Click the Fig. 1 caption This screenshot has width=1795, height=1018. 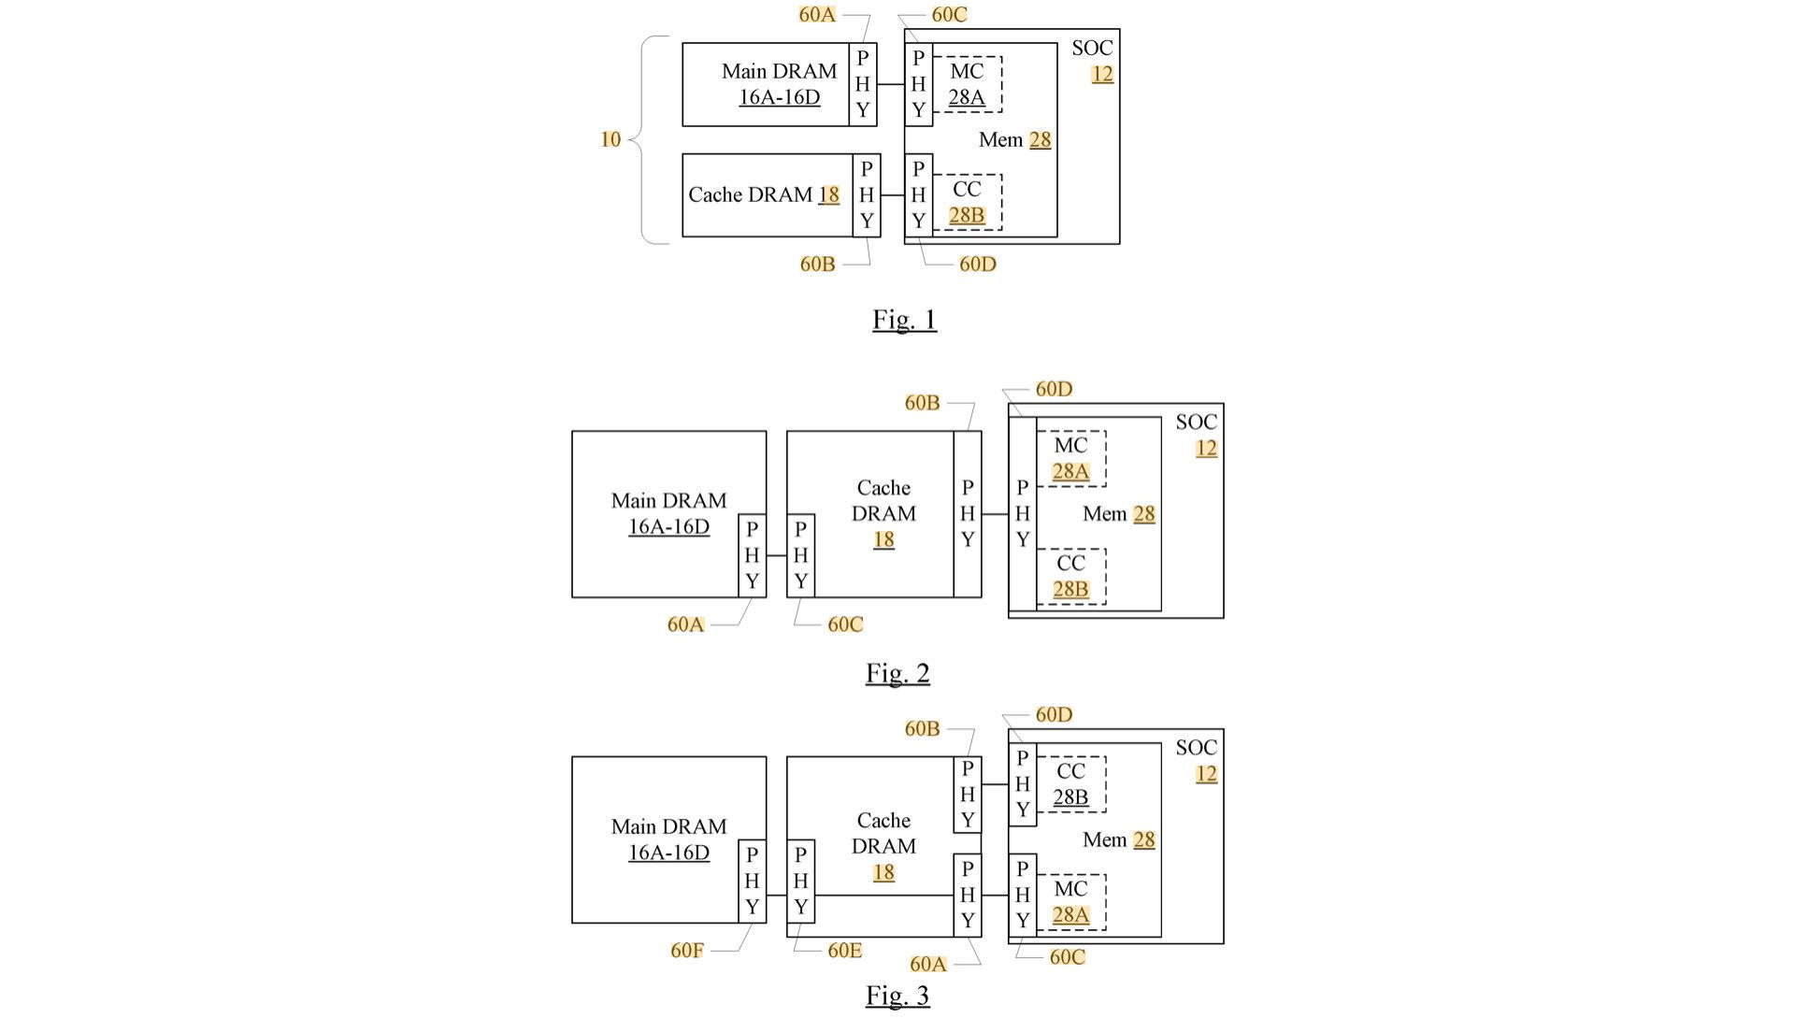coord(904,320)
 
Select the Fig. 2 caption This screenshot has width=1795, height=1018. coord(897,673)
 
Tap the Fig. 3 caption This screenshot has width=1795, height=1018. coord(897,996)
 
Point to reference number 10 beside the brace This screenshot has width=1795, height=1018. coord(610,139)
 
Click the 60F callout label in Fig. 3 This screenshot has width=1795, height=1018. coord(687,951)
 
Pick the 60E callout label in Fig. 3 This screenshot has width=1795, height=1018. coord(845,951)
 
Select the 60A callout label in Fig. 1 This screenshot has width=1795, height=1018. coord(817,15)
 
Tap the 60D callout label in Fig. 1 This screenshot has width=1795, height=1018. coord(978,265)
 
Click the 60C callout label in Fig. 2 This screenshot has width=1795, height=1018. coord(845,624)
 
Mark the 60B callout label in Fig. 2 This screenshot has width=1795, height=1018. coord(922,403)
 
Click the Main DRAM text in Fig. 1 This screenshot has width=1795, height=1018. coord(779,72)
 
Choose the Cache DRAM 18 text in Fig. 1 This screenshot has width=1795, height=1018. coord(764,195)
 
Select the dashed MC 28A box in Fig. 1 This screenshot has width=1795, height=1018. coord(968,84)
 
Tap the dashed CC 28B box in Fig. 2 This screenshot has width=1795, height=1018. coord(1071,576)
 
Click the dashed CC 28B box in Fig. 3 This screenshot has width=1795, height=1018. coord(1071,784)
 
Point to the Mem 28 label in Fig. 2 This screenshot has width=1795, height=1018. coord(1119,514)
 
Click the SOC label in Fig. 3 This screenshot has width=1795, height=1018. coord(1197,748)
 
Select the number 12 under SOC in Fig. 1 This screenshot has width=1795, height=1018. coord(1103,74)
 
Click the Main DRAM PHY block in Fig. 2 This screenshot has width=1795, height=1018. coord(753,555)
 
